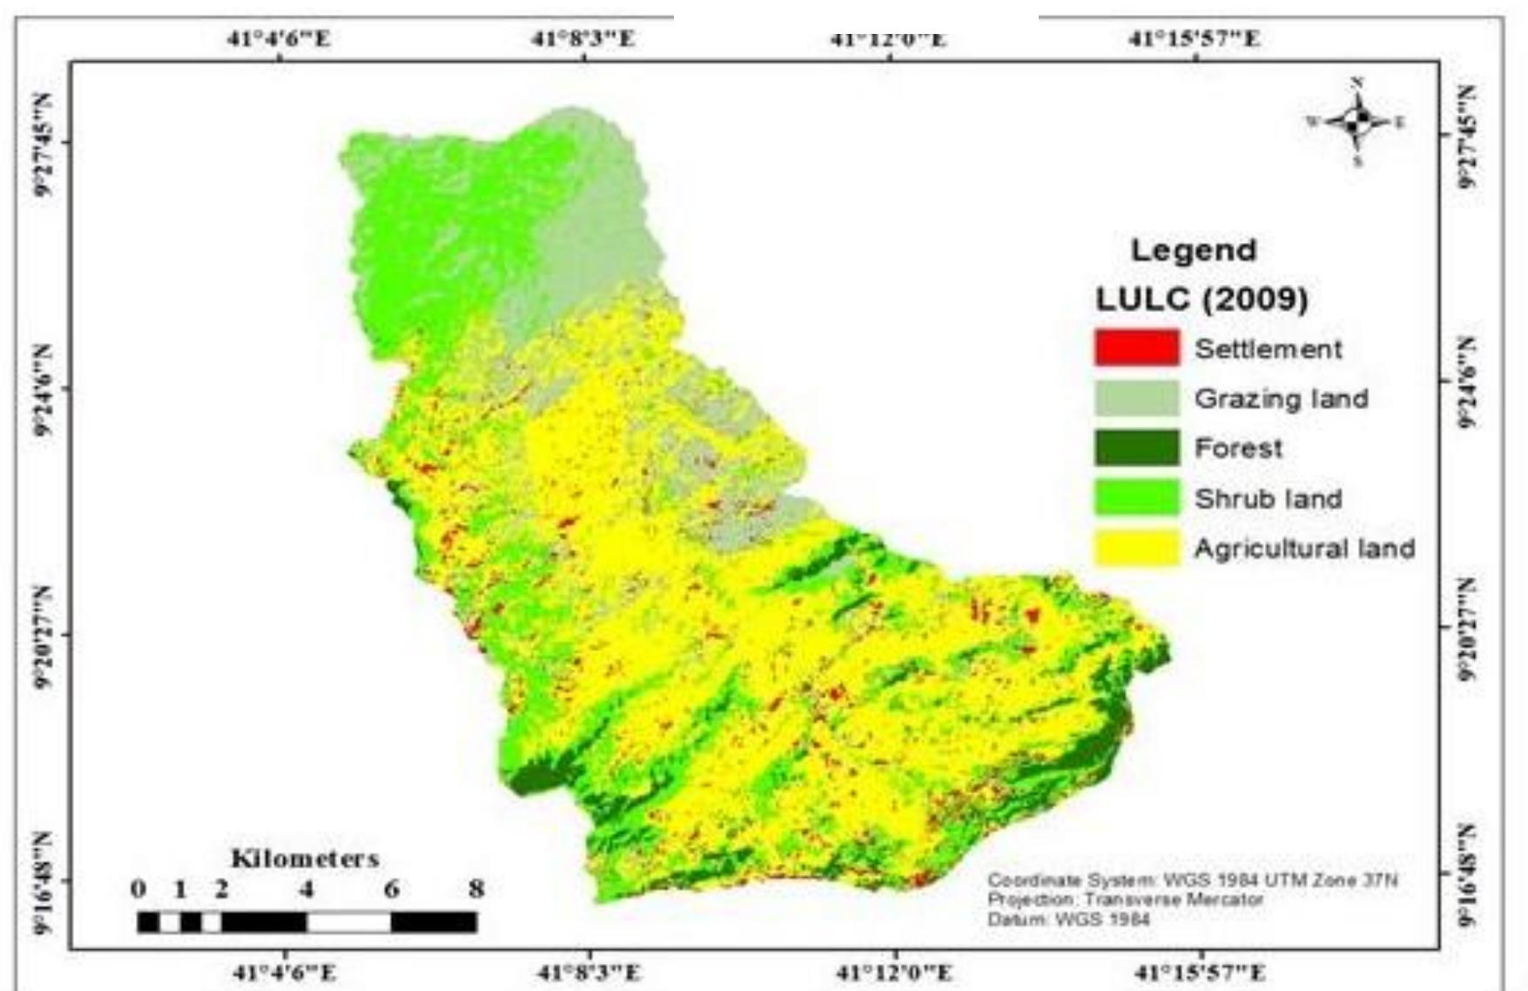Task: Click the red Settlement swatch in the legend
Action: (x=1136, y=348)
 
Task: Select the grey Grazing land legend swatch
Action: (x=1136, y=398)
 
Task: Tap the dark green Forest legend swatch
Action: (x=1136, y=448)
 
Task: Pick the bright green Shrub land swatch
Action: (x=1136, y=498)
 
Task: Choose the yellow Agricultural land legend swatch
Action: (x=1136, y=549)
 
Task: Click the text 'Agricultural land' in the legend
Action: (x=1303, y=549)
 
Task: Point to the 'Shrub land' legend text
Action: (x=1268, y=499)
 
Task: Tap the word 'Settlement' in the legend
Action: (x=1268, y=349)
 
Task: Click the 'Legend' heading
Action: (x=1194, y=251)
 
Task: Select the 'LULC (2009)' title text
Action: (x=1202, y=300)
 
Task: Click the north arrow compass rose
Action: (x=1356, y=123)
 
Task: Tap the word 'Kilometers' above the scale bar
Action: (x=305, y=859)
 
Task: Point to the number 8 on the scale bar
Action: (x=475, y=889)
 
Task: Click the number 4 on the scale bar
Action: (x=306, y=889)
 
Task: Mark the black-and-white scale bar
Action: (x=306, y=921)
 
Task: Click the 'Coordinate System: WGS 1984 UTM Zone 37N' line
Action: (x=1192, y=880)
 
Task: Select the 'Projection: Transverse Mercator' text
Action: (x=1125, y=900)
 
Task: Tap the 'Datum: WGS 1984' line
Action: (x=1068, y=919)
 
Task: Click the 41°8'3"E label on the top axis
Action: (x=583, y=38)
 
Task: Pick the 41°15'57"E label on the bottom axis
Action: (x=1201, y=972)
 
